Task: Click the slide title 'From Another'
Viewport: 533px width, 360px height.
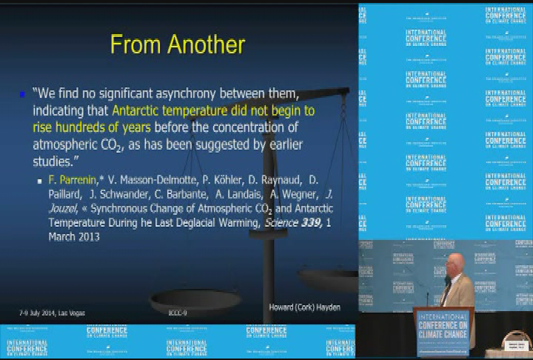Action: pyautogui.click(x=178, y=45)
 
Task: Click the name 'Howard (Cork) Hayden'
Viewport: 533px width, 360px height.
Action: pyautogui.click(x=304, y=307)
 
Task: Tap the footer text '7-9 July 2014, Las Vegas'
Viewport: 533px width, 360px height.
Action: pyautogui.click(x=52, y=313)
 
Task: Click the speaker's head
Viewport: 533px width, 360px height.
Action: pyautogui.click(x=451, y=264)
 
